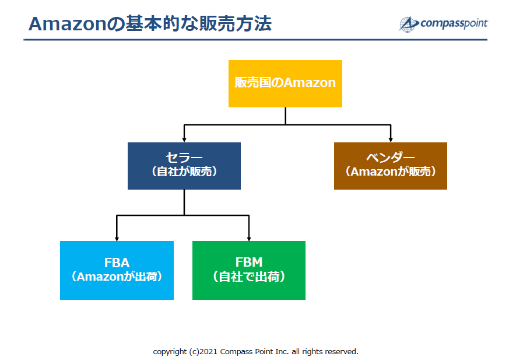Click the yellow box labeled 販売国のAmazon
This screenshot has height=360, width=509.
[285, 83]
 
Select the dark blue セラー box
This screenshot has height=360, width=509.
[184, 166]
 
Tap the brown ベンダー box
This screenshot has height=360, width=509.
[391, 166]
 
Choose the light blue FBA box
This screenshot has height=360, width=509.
[117, 270]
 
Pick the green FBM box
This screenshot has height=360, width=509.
[249, 270]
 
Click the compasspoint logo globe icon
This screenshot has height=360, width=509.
[408, 24]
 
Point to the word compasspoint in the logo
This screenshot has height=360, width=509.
[454, 23]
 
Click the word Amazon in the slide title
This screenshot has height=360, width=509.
[67, 24]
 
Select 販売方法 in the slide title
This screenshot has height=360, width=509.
[236, 24]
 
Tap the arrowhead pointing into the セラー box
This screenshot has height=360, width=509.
[184, 139]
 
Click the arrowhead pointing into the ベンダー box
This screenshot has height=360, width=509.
[391, 139]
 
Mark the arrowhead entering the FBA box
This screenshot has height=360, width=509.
[117, 239]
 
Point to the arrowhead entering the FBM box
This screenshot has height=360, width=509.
[249, 239]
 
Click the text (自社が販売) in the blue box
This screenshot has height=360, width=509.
[184, 172]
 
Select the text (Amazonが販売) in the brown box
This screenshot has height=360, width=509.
[391, 172]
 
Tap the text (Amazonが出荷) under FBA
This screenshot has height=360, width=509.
[117, 277]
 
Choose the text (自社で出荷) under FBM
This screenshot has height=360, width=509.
[249, 277]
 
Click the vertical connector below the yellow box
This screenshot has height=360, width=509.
[285, 116]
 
